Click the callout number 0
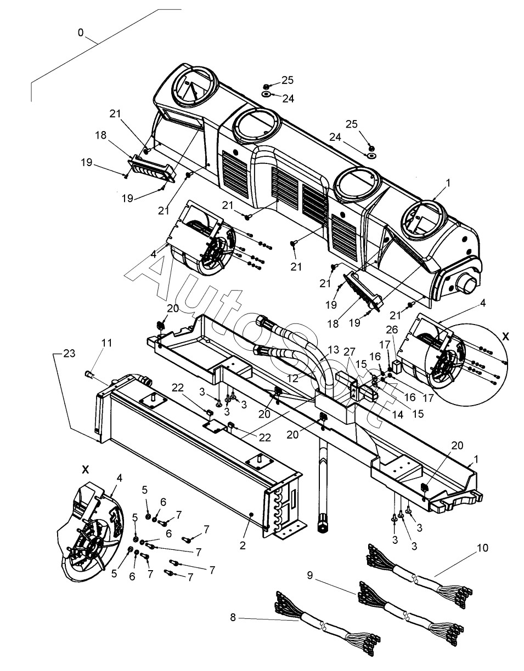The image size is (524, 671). tap(81, 32)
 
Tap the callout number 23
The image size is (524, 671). tap(69, 354)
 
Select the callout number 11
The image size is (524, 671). tap(106, 343)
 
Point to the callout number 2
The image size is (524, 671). tap(243, 545)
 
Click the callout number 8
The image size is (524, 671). tap(233, 617)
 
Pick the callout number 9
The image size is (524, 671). tap(310, 575)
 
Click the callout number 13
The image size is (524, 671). tap(334, 350)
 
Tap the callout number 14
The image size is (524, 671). tap(398, 414)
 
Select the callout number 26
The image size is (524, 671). tap(392, 329)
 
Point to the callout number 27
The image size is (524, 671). tap(350, 352)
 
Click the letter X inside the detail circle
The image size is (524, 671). tap(505, 337)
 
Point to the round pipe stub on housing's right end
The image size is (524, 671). tap(471, 283)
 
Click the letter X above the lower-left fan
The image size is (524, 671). tap(86, 470)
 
